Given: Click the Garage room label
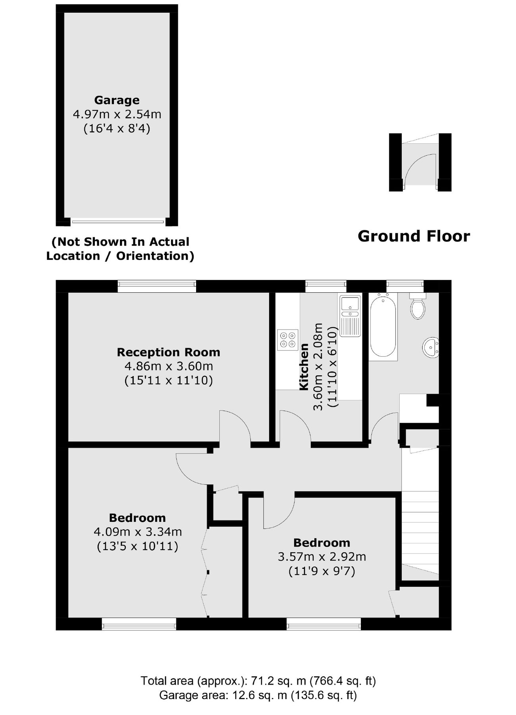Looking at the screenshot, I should pyautogui.click(x=117, y=100).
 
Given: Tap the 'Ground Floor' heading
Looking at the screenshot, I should pyautogui.click(x=414, y=236).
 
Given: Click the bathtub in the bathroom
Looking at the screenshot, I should pyautogui.click(x=383, y=326).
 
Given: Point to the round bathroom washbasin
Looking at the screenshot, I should pyautogui.click(x=431, y=347).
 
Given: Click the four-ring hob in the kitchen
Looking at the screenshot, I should pyautogui.click(x=288, y=340).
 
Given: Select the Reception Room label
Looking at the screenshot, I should pyautogui.click(x=168, y=352).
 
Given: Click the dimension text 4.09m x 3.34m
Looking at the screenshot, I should pyautogui.click(x=137, y=531).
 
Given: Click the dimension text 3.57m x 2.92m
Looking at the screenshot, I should pyautogui.click(x=322, y=557).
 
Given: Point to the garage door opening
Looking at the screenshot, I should pyautogui.click(x=118, y=222).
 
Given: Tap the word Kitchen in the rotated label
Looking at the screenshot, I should pyautogui.click(x=304, y=367).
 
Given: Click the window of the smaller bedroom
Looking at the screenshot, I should pyautogui.click(x=324, y=624).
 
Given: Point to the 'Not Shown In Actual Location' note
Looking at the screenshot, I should pyautogui.click(x=120, y=249).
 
